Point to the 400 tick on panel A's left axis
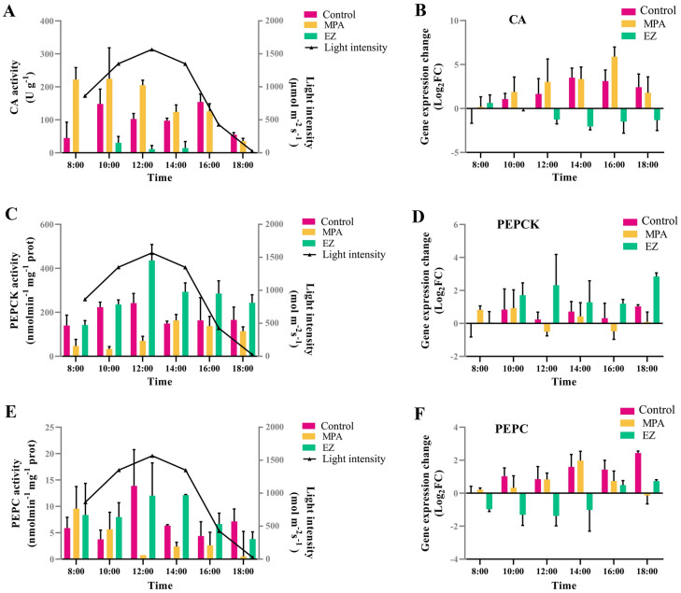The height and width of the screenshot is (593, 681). click(43, 21)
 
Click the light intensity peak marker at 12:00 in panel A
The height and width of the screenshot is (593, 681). click(151, 49)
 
